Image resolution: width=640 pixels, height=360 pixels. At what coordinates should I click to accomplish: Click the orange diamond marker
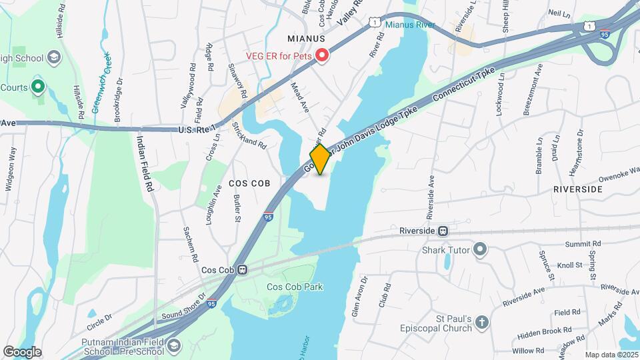(x=320, y=160)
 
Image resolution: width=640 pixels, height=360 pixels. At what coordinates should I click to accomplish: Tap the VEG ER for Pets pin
(x=323, y=55)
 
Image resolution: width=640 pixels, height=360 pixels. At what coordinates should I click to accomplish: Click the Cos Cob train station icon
(x=243, y=270)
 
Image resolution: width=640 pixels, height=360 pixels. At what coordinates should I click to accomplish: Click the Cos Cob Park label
(x=295, y=287)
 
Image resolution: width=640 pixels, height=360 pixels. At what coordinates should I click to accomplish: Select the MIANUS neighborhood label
(x=307, y=39)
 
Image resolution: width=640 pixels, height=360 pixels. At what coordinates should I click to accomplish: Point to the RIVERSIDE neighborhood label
(x=577, y=189)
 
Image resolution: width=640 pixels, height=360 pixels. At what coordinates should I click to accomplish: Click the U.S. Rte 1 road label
(x=198, y=129)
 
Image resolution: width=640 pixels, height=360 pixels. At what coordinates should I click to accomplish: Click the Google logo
(x=22, y=352)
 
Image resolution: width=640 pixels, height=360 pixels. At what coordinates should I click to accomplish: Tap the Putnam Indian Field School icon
(x=174, y=345)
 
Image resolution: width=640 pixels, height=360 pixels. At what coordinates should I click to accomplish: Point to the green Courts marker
(x=39, y=86)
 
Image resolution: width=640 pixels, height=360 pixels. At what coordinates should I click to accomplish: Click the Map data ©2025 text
(x=611, y=355)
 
